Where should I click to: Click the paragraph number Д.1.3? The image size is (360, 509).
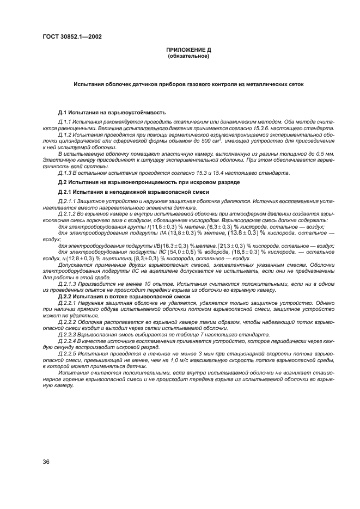click(x=66, y=173)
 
